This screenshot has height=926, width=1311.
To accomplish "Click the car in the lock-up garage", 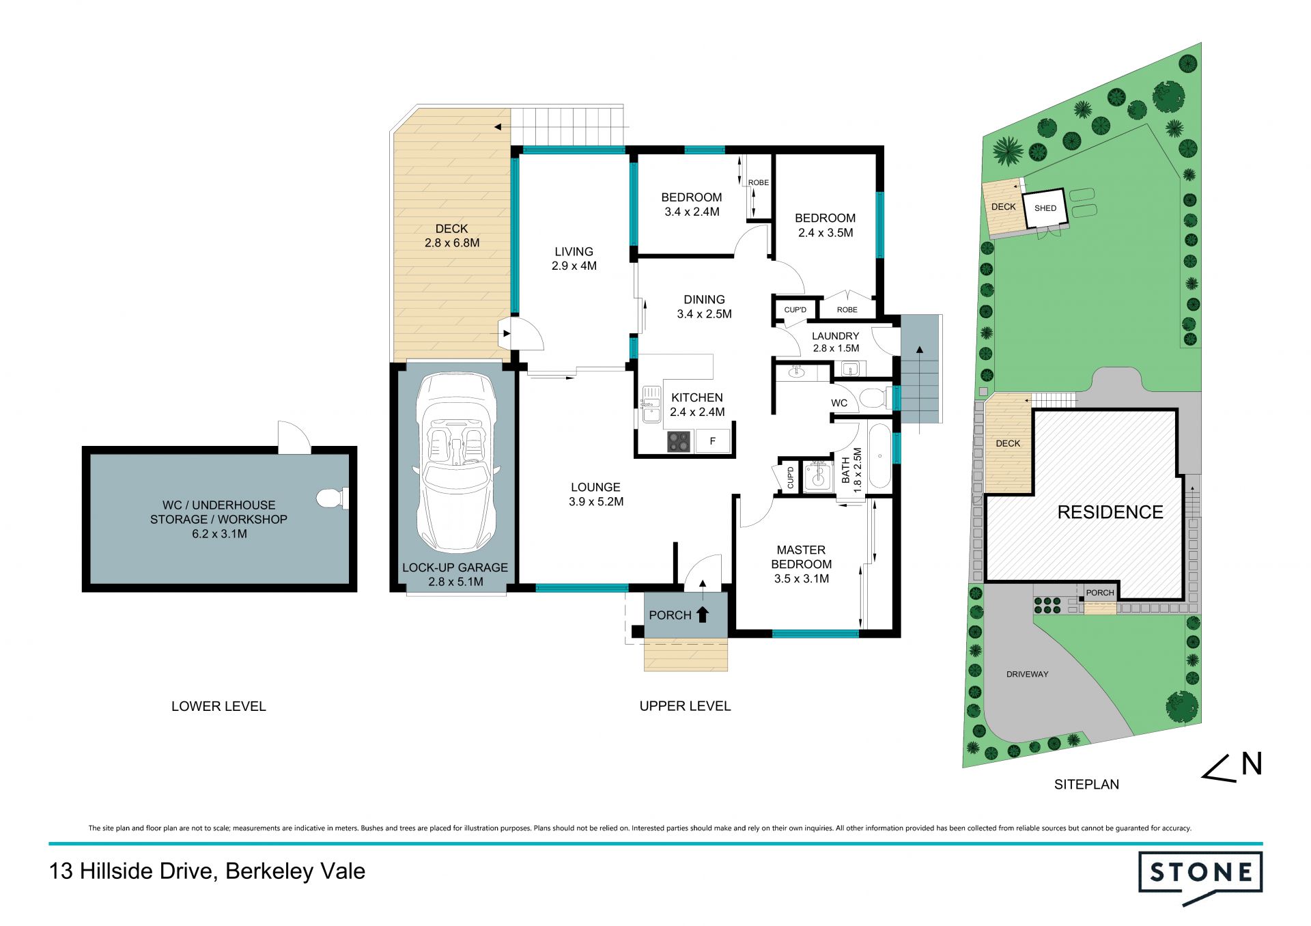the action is [455, 462].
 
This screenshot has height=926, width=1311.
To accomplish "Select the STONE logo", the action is [1200, 877].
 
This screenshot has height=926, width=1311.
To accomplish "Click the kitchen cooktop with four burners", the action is [679, 442].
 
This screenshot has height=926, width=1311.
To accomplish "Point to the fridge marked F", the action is [713, 441].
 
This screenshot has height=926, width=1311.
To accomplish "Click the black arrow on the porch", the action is [702, 614].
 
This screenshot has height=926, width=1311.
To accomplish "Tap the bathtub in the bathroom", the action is [880, 456].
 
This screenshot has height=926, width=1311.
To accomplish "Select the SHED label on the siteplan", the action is [1045, 208].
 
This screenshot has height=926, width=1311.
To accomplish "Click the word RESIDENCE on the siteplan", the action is [1110, 512].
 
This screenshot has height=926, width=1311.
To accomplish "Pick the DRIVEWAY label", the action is [1027, 674].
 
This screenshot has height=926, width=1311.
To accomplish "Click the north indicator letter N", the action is [1251, 764].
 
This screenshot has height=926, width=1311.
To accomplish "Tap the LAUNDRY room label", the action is [835, 336].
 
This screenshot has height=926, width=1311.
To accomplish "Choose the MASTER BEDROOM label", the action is [802, 557].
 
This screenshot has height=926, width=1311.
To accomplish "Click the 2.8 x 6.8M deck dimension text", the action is [452, 243].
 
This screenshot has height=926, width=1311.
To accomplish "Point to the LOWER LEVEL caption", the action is [218, 706].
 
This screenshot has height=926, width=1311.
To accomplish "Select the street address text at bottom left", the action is [207, 871].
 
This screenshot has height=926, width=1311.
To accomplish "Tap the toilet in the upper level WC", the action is [874, 397].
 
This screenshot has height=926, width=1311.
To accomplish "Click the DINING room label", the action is [704, 300].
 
